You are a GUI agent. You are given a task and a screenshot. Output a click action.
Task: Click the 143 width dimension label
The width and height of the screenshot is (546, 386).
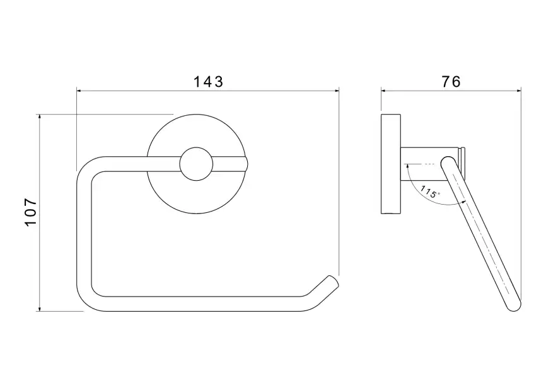pos(208,82)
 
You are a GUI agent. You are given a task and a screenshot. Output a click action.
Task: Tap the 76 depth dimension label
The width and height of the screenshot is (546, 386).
pos(451,82)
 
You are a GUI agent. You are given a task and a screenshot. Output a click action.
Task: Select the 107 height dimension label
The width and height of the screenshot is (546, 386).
pos(31,212)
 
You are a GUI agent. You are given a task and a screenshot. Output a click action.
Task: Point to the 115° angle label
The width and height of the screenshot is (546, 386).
pos(430,191)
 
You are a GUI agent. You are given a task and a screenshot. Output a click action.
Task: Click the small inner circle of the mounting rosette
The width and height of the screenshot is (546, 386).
pos(196,164)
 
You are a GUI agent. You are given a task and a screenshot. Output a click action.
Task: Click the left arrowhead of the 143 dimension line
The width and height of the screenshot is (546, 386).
pos(79,91)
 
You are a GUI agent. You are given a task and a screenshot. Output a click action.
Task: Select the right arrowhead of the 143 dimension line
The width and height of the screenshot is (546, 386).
pos(337,91)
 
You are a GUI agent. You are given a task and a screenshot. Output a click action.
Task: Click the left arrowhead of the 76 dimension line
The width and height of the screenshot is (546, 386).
pos(383,91)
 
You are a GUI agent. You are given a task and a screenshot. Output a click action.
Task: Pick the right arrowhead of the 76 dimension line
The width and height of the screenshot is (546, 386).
pos(519,91)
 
